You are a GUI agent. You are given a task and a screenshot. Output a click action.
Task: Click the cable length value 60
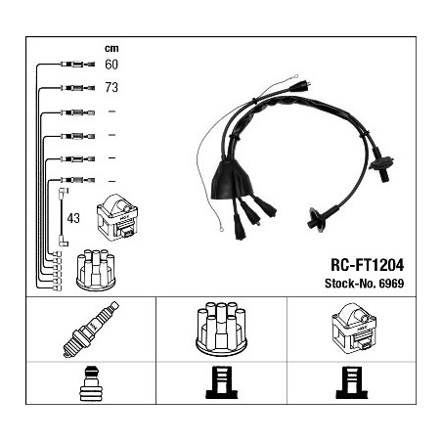[x=111, y=65]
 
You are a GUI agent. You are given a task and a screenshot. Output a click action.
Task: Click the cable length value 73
[x=111, y=87]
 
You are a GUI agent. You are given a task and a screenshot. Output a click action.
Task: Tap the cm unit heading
[x=111, y=48]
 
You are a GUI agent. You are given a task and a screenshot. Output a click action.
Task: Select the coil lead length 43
[x=73, y=218]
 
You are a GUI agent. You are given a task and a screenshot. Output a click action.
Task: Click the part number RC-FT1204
[x=368, y=265]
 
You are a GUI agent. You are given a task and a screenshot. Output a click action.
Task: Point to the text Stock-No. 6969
[x=365, y=284]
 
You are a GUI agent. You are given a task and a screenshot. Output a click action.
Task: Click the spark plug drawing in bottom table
[x=91, y=330]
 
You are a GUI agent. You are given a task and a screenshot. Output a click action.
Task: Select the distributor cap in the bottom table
[x=221, y=329]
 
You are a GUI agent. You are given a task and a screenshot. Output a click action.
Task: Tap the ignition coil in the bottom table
[x=354, y=329]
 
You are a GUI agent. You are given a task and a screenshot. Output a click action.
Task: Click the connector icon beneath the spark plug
[x=91, y=384]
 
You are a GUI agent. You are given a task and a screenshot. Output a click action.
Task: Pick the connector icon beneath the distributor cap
[x=222, y=382]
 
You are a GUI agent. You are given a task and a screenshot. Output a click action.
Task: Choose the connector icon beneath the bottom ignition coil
[x=352, y=382]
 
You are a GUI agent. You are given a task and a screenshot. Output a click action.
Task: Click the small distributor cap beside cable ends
[x=96, y=270]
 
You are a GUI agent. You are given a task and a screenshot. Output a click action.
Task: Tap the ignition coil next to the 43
[x=117, y=217]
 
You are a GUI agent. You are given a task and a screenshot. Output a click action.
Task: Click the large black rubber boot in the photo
[x=232, y=180]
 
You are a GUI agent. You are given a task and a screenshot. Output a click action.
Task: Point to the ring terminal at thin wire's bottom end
[x=221, y=230]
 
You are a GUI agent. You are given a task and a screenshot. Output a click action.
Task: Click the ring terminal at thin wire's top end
[x=296, y=76]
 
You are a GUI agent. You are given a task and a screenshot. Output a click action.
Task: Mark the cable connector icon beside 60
[x=77, y=65]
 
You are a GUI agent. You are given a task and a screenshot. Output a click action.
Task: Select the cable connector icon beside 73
[x=77, y=88]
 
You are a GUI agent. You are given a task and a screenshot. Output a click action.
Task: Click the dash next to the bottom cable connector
[x=111, y=181]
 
